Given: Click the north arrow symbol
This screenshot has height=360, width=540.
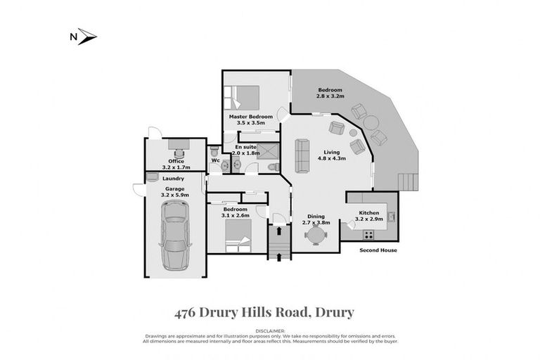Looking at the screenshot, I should [87, 36].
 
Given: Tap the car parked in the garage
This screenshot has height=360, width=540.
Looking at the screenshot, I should [174, 235].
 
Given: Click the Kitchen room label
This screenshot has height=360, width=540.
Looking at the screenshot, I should [369, 213].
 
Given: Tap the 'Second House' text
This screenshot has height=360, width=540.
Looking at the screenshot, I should [378, 250].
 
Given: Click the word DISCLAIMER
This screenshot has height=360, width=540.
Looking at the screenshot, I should [270, 329].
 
